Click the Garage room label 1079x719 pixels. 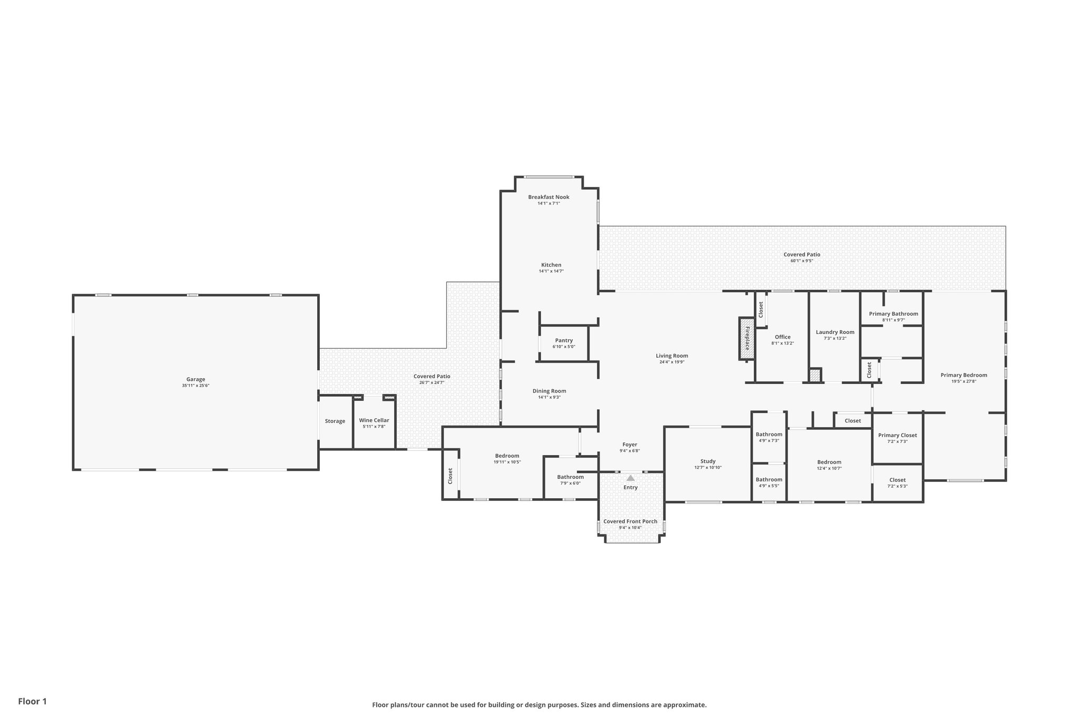[195, 379]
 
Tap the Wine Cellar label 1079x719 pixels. [374, 420]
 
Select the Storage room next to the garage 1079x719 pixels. [335, 421]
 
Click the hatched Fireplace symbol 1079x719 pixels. [747, 338]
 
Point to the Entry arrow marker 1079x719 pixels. [630, 478]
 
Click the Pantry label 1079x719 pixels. [564, 340]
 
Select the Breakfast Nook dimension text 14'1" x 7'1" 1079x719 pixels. [548, 203]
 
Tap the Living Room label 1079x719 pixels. [672, 356]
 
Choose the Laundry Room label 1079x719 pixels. [835, 332]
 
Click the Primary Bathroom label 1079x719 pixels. [893, 313]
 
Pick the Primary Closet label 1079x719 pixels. [897, 435]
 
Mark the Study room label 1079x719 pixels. [708, 461]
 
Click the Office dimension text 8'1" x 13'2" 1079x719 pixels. [782, 343]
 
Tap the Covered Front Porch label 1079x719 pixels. [630, 521]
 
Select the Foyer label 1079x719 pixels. [630, 445]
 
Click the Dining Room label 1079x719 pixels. [549, 391]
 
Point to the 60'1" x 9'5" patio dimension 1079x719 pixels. [801, 261]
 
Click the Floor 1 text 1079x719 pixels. [32, 701]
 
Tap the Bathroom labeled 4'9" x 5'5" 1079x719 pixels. [769, 479]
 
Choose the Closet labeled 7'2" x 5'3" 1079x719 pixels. [897, 480]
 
